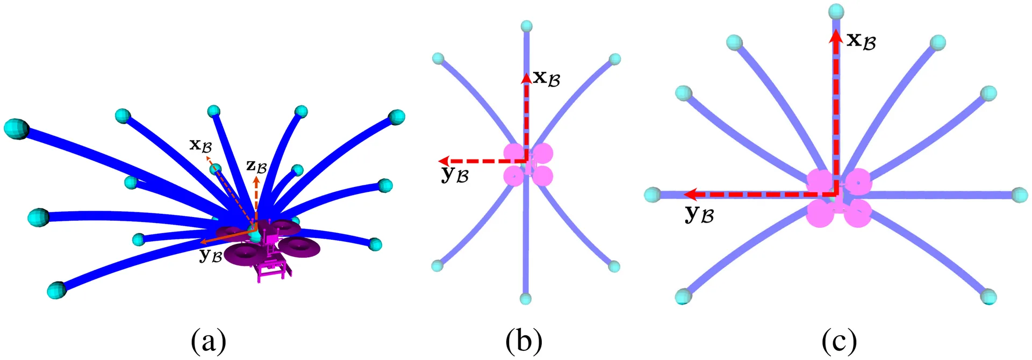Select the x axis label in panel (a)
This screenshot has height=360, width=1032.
click(x=200, y=145)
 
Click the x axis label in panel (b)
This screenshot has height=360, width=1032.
click(x=547, y=78)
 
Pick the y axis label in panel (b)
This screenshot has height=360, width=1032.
click(x=455, y=175)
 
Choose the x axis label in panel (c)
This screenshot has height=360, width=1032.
click(x=862, y=40)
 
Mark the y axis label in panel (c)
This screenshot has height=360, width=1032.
click(x=699, y=214)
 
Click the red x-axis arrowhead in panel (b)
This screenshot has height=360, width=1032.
click(x=526, y=78)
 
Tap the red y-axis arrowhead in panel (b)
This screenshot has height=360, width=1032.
click(x=444, y=161)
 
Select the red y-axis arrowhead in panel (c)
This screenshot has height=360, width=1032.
click(x=691, y=194)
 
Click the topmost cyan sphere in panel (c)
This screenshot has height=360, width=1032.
click(x=836, y=11)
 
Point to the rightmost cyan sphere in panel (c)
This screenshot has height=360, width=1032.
click(x=1020, y=195)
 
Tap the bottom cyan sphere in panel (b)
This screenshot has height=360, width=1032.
click(x=526, y=299)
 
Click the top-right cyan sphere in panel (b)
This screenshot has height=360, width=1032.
click(x=615, y=59)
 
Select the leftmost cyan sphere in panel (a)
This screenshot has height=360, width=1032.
click(x=16, y=129)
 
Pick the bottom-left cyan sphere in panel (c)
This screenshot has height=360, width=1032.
click(x=683, y=296)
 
